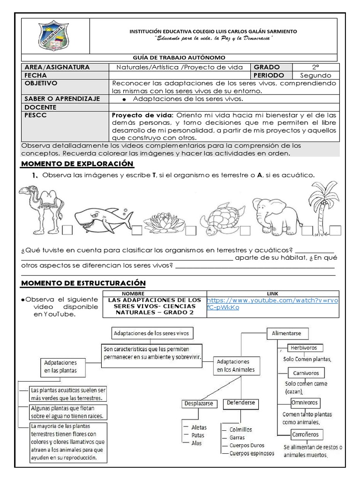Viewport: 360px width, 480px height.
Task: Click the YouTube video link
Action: pos(272,304)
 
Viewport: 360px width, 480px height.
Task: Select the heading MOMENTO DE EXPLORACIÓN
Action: pos(77,164)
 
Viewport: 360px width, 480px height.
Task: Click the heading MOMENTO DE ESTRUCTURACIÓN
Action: pos(83,283)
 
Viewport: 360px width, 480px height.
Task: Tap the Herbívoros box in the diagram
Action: pos(303,348)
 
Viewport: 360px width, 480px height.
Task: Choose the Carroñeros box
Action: pos(304,434)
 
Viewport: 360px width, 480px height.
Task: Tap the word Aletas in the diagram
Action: pos(199,427)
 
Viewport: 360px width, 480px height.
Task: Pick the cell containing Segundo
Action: pos(315,75)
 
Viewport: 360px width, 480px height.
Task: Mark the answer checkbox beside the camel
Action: pos(67,230)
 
